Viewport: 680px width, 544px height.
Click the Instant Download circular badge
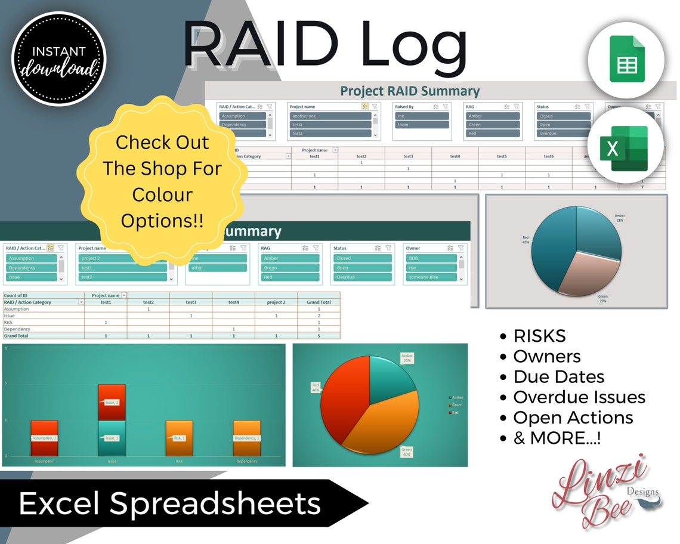pyautogui.click(x=58, y=58)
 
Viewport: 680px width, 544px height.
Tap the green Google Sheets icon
pyautogui.click(x=627, y=58)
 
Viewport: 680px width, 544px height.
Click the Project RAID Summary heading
pyautogui.click(x=409, y=91)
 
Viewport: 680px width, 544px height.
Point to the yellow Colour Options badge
pyautogui.click(x=162, y=181)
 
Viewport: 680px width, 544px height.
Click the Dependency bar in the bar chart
pyautogui.click(x=246, y=438)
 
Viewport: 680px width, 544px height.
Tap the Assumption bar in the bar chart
pyautogui.click(x=44, y=438)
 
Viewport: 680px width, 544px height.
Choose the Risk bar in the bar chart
pyautogui.click(x=179, y=438)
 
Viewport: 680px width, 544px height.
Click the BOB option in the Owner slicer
pyautogui.click(x=431, y=258)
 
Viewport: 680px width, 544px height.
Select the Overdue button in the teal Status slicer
pyautogui.click(x=361, y=277)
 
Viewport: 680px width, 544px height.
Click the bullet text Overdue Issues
pyautogui.click(x=579, y=397)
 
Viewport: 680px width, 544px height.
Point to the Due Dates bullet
pyautogui.click(x=558, y=377)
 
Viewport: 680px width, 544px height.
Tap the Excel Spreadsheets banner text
pyautogui.click(x=170, y=504)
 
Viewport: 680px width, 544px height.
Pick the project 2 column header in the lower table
pyautogui.click(x=276, y=302)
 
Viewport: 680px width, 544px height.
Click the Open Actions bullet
pyautogui.click(x=573, y=418)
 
